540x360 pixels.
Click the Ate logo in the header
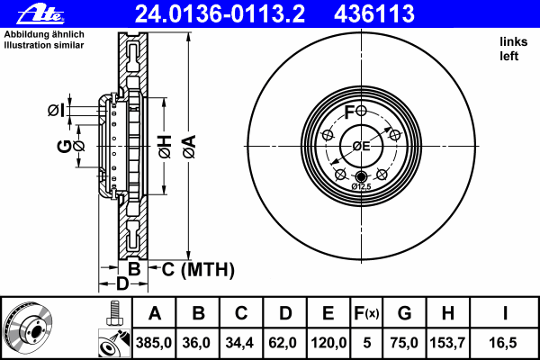[x=40, y=14]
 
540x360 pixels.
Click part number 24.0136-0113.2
[x=220, y=14]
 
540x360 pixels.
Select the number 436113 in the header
[x=374, y=14]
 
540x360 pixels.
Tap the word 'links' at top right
[x=514, y=41]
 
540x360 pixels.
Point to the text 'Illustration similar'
[x=44, y=45]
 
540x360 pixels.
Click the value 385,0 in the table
[x=154, y=343]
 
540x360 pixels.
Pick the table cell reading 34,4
[x=239, y=343]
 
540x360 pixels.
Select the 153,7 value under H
[x=447, y=343]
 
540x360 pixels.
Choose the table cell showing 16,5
[x=503, y=343]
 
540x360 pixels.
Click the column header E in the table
[x=328, y=313]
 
